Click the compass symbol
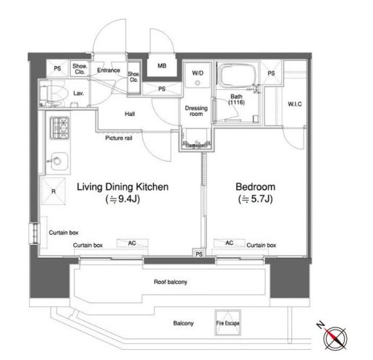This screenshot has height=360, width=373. click(335, 338)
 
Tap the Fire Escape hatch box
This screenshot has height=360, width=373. click(227, 323)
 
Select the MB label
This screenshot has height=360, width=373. click(162, 66)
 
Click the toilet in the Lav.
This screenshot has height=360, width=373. click(53, 93)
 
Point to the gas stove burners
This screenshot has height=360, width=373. click(59, 127)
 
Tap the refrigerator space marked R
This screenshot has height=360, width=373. click(54, 191)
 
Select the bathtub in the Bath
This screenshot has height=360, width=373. click(237, 75)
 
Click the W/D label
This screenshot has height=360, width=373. click(198, 72)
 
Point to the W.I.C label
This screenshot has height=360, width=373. click(295, 104)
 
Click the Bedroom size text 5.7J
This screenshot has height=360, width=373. click(256, 199)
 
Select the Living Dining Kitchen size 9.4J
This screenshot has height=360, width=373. click(122, 199)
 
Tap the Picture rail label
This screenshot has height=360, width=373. click(119, 138)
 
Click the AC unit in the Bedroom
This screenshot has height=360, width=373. click(230, 243)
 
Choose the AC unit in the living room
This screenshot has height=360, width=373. click(133, 243)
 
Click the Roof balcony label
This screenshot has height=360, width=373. click(170, 282)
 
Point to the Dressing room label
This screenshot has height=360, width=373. click(196, 111)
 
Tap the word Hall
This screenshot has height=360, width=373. click(130, 114)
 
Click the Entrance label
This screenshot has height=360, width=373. click(109, 70)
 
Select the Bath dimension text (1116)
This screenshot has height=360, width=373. click(236, 102)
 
